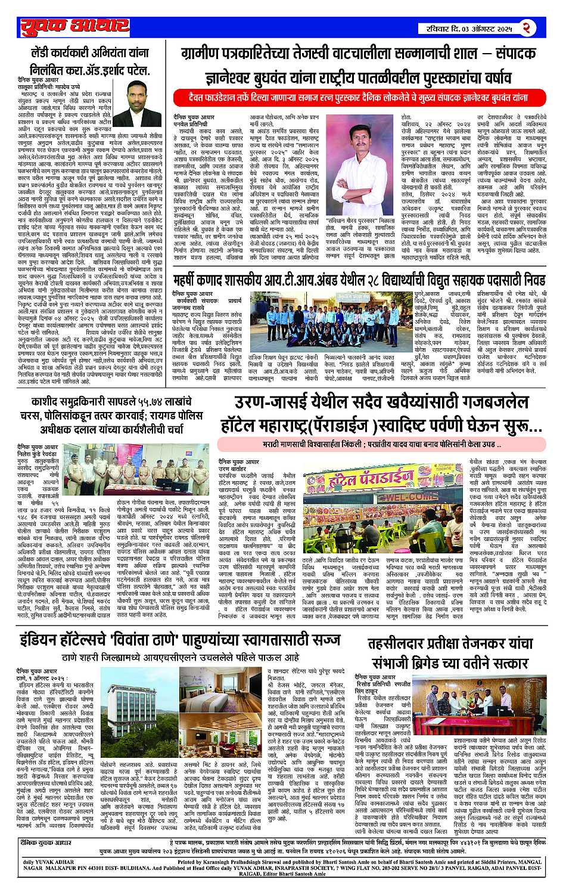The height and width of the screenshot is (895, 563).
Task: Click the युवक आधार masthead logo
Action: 74,26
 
